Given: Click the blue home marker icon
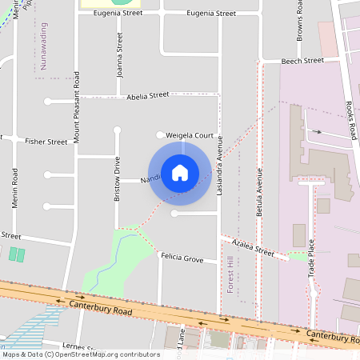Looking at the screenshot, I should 180,172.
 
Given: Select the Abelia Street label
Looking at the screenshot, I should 148,95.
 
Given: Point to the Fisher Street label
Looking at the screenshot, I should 46,142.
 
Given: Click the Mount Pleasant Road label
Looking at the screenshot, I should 77,107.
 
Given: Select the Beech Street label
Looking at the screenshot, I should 303,60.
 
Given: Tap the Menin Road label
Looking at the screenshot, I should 15,189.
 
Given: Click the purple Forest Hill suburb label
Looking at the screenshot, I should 230,275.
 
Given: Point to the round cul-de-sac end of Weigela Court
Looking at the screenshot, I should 160,134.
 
